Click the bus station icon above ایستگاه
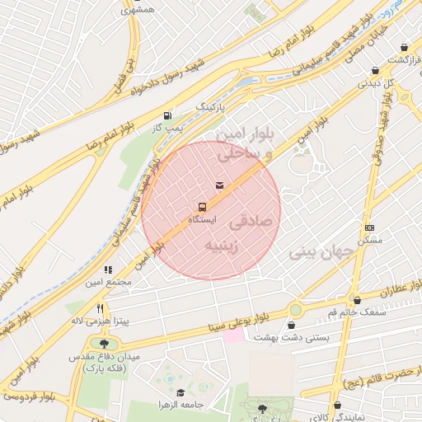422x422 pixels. (201, 206)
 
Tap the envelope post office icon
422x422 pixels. (219, 185)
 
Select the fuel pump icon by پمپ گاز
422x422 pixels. (168, 115)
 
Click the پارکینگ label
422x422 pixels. (209, 107)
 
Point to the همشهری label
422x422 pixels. (137, 9)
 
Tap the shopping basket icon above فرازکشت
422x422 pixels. (404, 48)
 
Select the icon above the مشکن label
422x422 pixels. (370, 227)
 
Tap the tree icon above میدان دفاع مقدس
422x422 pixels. (104, 343)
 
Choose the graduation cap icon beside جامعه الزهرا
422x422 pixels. (181, 393)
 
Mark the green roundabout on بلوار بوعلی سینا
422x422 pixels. (295, 310)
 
